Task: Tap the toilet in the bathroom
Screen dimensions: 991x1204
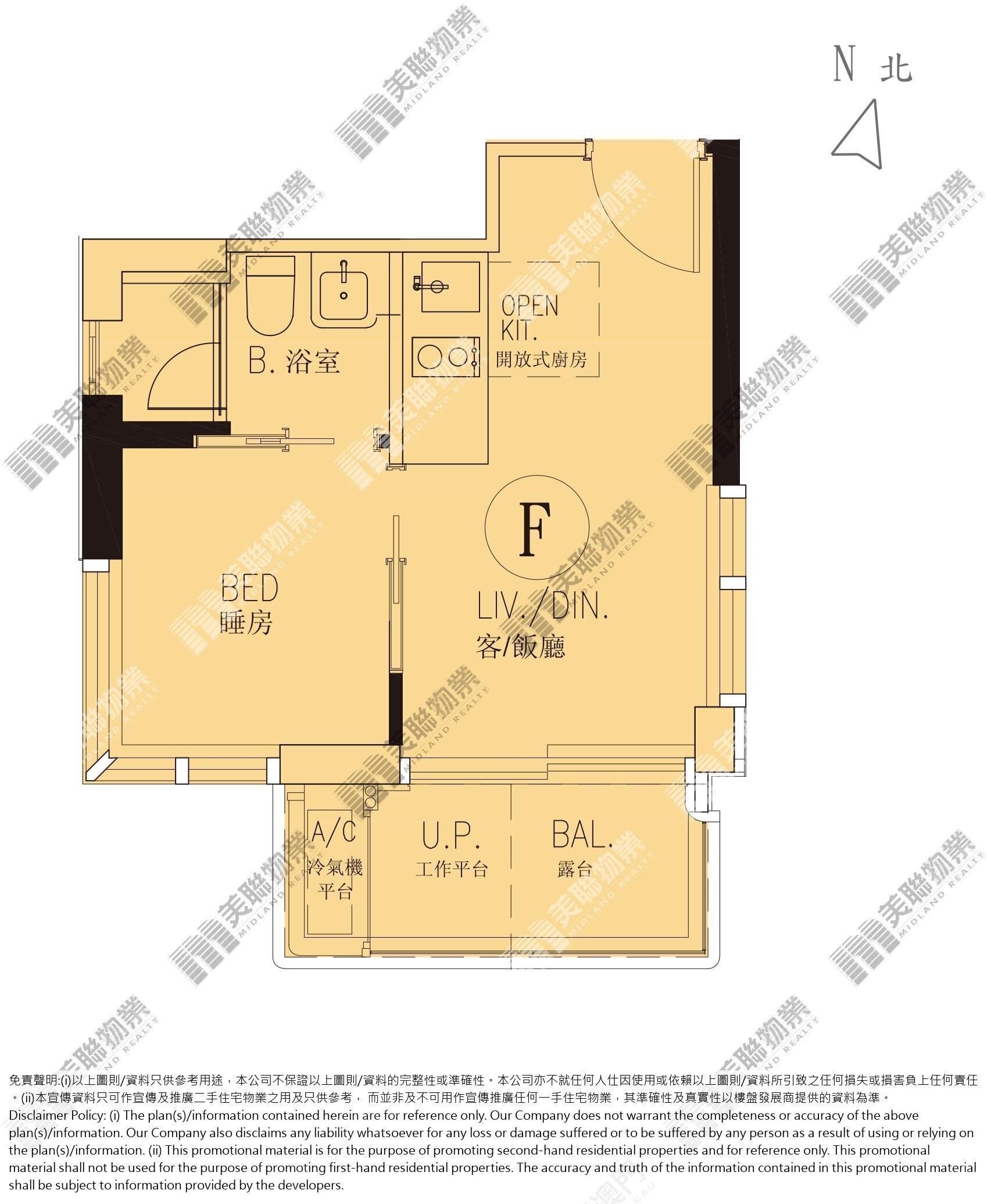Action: coord(271,295)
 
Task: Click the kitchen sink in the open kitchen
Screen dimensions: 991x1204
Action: coord(450,286)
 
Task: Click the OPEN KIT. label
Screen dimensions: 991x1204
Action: coord(529,318)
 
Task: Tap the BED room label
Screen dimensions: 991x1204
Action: coord(249,588)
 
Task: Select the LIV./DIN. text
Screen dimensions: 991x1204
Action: coord(542,606)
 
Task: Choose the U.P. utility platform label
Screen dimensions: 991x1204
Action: coord(451,836)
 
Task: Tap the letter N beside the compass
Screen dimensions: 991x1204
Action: coord(844,64)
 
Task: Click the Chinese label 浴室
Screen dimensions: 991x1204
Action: coord(312,362)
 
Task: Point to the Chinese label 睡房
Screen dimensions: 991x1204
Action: coord(246,624)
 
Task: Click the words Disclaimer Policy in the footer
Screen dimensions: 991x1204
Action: coord(56,1116)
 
